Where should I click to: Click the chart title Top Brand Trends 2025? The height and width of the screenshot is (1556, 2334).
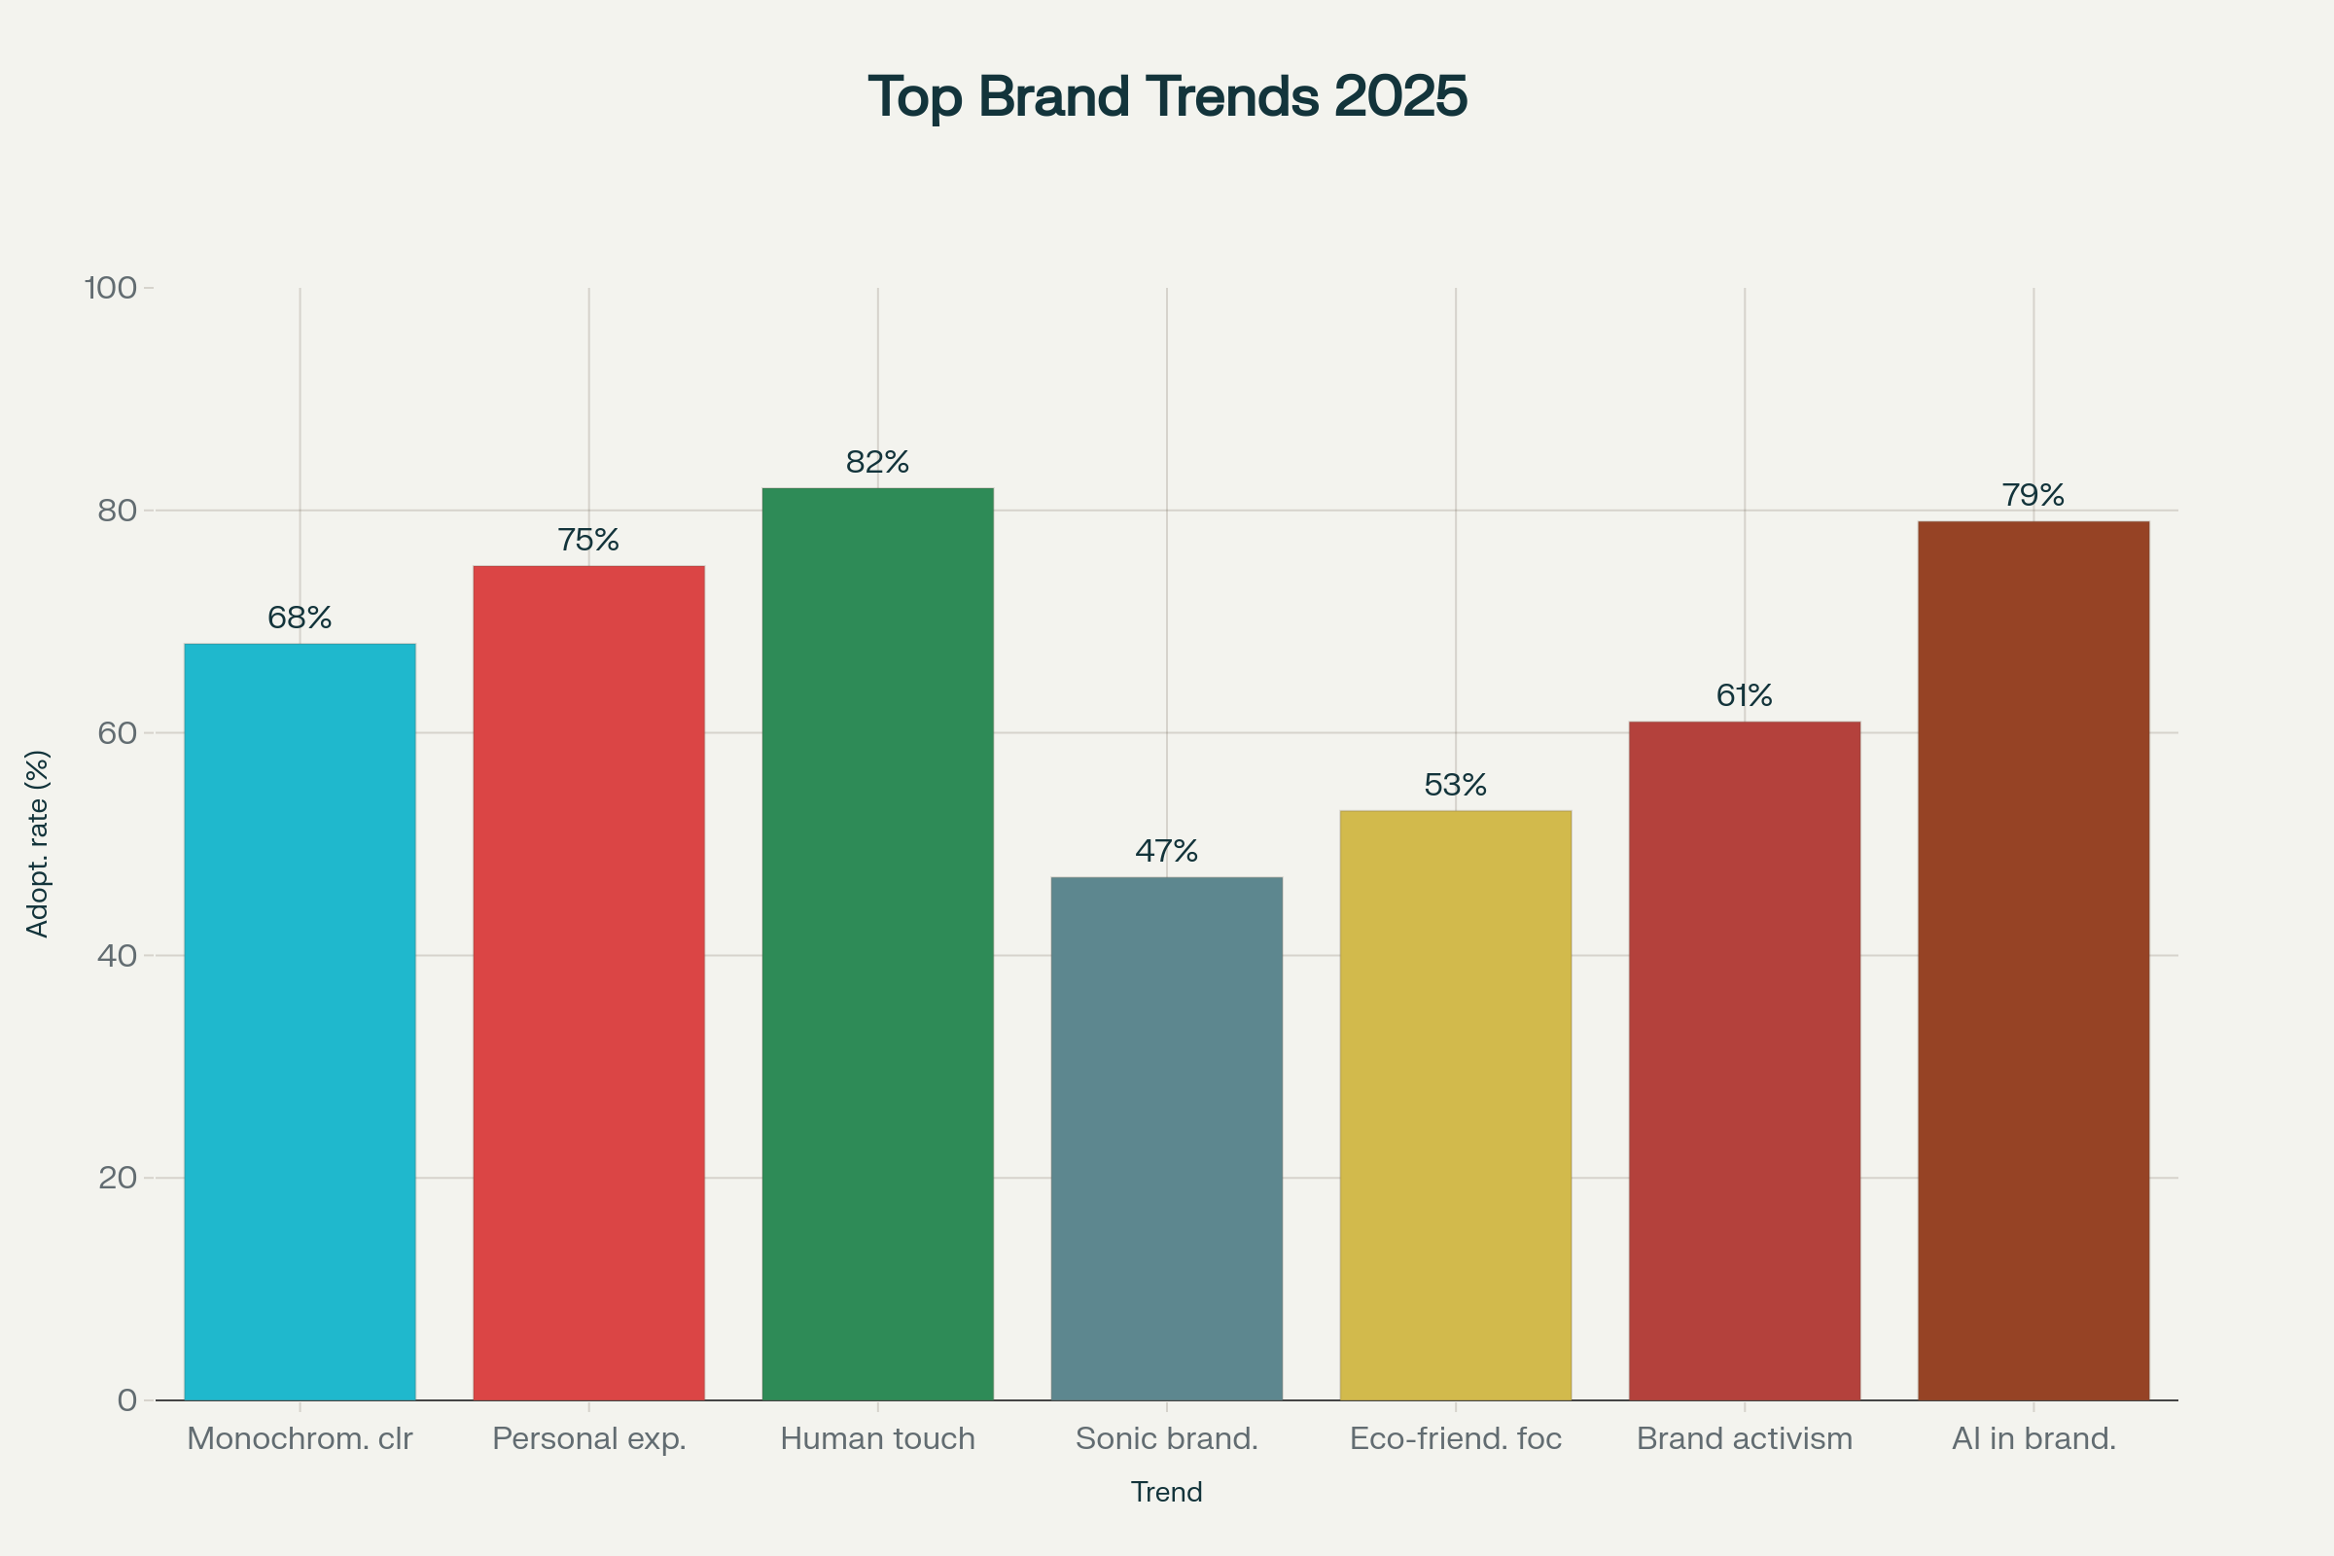pos(1167,97)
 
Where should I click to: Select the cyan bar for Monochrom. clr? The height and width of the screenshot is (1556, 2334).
pos(300,1022)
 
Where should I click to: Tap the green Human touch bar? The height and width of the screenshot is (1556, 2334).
pos(877,942)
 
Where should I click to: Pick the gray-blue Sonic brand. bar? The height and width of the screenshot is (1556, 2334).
pos(1166,1138)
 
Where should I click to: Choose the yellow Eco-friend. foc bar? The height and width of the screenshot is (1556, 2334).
pos(1455,1106)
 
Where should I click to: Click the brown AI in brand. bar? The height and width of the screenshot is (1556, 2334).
pos(2033,961)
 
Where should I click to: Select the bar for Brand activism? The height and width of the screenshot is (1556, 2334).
pos(1744,1061)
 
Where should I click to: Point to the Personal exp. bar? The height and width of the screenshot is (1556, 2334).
pos(588,982)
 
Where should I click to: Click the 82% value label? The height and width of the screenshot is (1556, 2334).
pos(877,461)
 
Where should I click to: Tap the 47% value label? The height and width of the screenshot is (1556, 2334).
pos(1166,850)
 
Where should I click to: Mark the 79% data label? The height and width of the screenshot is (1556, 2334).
pos(2033,494)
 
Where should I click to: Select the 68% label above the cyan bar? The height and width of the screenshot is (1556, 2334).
pos(300,618)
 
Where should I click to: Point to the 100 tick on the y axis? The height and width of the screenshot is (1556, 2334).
pos(110,288)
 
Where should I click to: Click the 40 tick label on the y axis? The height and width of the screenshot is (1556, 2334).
pos(116,956)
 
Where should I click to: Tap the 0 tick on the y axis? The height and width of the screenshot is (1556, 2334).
pos(127,1400)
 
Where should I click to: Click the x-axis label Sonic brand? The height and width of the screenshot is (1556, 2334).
pos(1166,1438)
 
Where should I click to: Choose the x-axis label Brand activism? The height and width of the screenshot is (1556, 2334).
pos(1744,1438)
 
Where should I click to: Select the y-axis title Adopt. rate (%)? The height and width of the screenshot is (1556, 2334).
pos(37,843)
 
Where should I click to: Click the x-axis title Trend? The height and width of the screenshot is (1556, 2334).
pos(1166,1492)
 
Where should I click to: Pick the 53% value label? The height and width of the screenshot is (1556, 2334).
pos(1455,785)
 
